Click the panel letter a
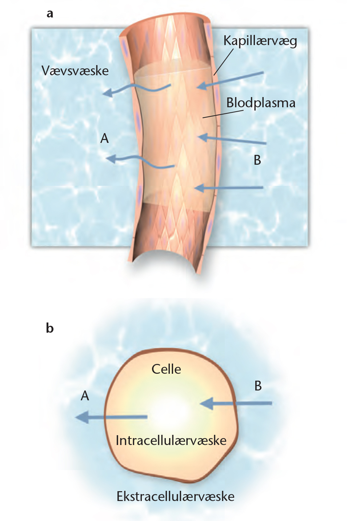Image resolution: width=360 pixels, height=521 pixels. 50,14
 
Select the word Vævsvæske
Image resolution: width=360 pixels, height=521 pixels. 75,71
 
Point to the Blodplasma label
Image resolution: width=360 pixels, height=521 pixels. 261,103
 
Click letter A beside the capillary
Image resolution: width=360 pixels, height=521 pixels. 104,139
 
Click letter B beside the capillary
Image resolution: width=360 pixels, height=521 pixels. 257,160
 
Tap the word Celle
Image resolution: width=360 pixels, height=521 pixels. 166,369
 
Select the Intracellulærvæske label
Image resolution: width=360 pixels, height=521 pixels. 171,440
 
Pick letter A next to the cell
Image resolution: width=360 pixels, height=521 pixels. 85,396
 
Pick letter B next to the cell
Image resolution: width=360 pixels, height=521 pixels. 258,386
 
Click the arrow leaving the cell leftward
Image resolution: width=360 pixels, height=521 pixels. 111,417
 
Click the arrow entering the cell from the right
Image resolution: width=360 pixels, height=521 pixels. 236,403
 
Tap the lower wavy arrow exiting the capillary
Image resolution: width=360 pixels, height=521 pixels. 140,162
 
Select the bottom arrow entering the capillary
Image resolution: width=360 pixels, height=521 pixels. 229,188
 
